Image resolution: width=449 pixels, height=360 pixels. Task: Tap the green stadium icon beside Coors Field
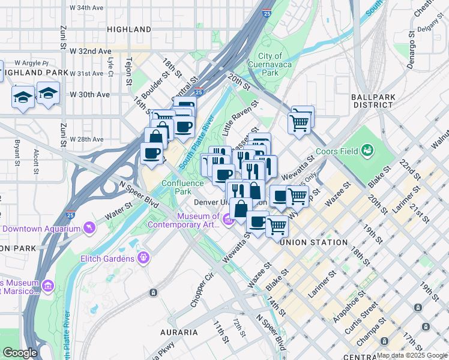tap(367, 151)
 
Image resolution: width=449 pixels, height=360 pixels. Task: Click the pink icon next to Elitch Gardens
tap(143, 258)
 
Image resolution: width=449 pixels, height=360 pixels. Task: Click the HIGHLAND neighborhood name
tap(129, 29)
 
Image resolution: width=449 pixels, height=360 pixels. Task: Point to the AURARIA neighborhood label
tap(178, 332)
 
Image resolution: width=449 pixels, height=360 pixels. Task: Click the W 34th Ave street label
tap(90, 8)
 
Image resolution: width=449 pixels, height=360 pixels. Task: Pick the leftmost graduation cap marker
tap(23, 98)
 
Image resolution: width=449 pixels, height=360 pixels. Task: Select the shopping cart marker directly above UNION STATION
tap(276, 226)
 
